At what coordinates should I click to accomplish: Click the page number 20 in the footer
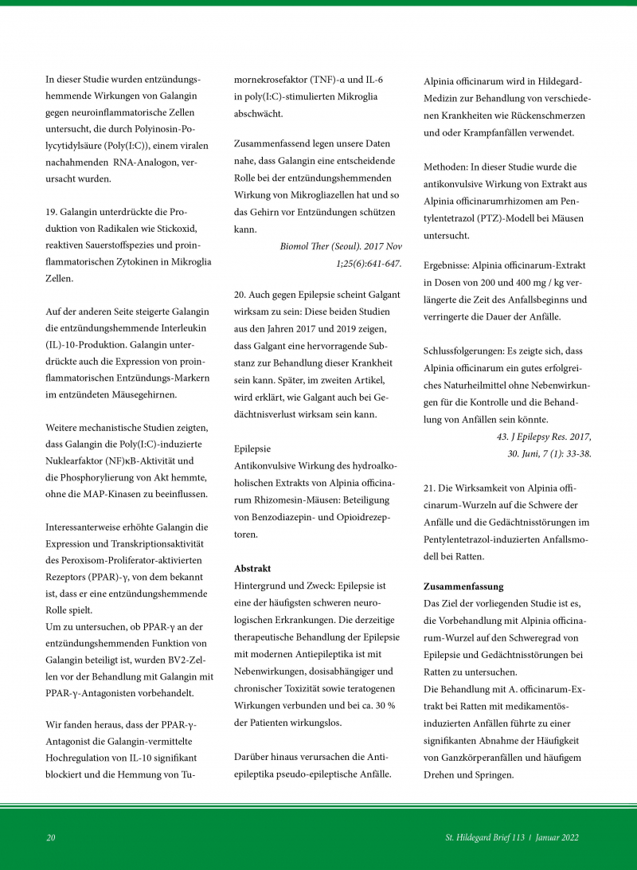(50, 837)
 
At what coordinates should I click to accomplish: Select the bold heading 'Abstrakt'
(252, 569)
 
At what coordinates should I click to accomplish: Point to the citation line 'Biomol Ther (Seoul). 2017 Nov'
(341, 247)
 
